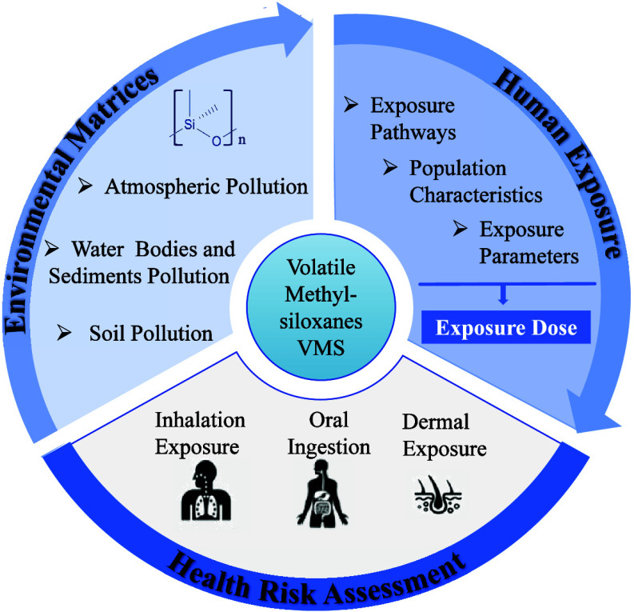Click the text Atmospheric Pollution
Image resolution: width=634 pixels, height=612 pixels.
(x=205, y=188)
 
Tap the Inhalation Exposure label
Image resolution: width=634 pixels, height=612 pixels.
(x=199, y=433)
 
